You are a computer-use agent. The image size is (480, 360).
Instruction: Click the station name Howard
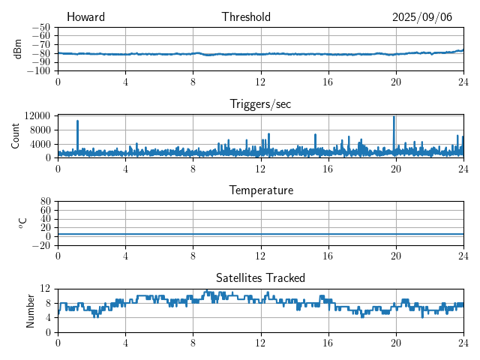click(x=85, y=17)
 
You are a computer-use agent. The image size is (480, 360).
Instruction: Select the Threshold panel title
click(x=246, y=17)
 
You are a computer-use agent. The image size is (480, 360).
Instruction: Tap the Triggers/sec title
click(x=260, y=104)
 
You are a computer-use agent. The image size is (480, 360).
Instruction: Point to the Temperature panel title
click(x=261, y=190)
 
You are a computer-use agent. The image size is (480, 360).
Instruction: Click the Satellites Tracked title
click(x=260, y=277)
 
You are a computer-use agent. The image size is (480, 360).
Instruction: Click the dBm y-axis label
click(x=18, y=48)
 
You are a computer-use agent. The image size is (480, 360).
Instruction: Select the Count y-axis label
click(x=16, y=136)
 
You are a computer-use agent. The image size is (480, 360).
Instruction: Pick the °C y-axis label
click(x=22, y=223)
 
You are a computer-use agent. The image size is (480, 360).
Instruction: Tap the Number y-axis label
click(x=31, y=310)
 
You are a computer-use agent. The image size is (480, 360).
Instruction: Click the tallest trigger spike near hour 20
click(x=394, y=118)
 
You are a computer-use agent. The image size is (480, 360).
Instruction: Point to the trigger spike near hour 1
click(x=77, y=121)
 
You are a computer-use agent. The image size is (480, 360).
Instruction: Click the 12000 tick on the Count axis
click(x=37, y=115)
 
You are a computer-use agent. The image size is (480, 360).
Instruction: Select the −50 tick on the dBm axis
click(x=40, y=27)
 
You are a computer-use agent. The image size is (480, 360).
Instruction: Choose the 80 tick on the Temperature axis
click(x=45, y=202)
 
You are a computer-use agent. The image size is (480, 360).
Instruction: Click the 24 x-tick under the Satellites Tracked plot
click(x=463, y=342)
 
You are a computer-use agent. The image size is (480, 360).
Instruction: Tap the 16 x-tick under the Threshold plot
click(x=328, y=81)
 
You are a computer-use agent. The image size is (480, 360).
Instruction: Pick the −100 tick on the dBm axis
click(x=38, y=71)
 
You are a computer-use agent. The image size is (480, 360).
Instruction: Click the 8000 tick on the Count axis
click(x=39, y=130)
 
